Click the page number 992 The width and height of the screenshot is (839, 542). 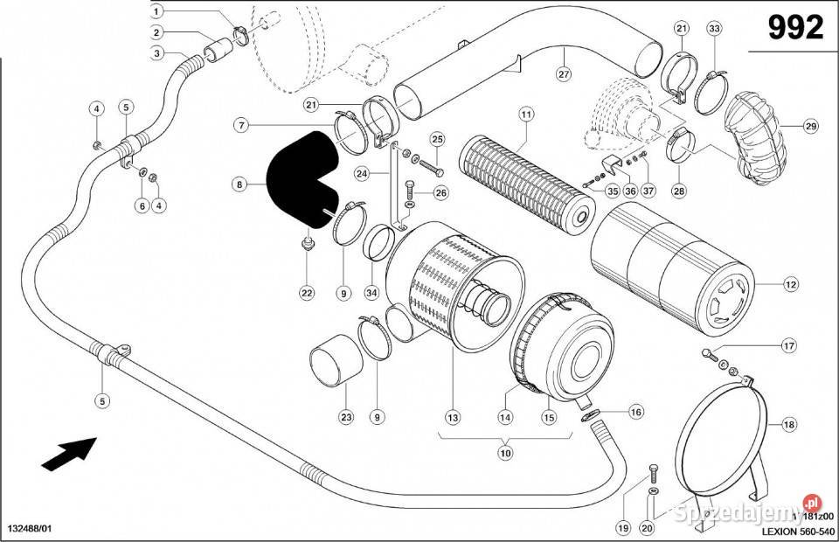(795, 28)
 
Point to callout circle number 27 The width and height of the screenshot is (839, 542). (563, 75)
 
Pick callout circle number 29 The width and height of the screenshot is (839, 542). (810, 127)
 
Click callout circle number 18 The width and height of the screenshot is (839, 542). (788, 425)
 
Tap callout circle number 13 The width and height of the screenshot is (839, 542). (453, 418)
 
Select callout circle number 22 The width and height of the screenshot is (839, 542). (307, 293)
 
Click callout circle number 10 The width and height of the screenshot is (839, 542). (504, 453)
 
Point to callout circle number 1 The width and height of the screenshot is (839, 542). (156, 11)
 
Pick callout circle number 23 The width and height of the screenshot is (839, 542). (346, 418)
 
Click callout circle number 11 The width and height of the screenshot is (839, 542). (525, 115)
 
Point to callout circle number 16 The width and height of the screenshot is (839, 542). (634, 411)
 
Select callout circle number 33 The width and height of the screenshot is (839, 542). (714, 29)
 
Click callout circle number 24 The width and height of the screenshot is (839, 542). (361, 174)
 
